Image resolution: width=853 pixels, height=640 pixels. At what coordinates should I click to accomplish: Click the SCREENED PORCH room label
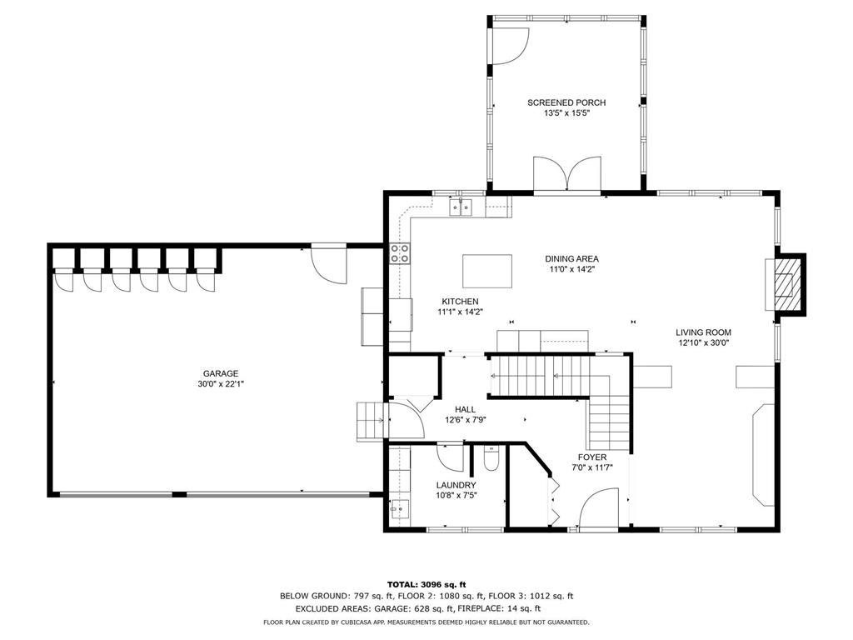pyautogui.click(x=566, y=102)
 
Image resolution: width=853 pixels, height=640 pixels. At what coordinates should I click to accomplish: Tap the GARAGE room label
pyautogui.click(x=221, y=373)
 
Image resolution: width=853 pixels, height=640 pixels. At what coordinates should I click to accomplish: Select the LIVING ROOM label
pyautogui.click(x=703, y=332)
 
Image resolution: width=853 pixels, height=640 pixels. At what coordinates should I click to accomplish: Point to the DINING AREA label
pyautogui.click(x=571, y=258)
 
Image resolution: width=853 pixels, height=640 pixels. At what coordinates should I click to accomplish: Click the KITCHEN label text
pyautogui.click(x=460, y=302)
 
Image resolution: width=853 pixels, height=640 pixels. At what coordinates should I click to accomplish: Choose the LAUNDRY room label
pyautogui.click(x=456, y=485)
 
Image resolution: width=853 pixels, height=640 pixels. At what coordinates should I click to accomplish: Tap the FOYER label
pyautogui.click(x=592, y=457)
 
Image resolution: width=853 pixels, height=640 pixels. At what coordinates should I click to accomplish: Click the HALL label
pyautogui.click(x=465, y=409)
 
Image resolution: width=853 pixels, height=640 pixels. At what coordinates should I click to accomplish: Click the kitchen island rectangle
pyautogui.click(x=487, y=271)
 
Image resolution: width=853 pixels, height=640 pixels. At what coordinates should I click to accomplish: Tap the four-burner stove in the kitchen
pyautogui.click(x=400, y=253)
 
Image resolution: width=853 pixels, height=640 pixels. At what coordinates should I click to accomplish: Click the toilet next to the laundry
pyautogui.click(x=491, y=459)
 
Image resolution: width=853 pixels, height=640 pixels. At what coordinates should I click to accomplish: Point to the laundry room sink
pyautogui.click(x=399, y=509)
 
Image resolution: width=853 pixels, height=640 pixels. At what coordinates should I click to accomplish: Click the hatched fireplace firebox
pyautogui.click(x=784, y=285)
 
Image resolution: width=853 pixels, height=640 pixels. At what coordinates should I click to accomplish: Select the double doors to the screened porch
pyautogui.click(x=567, y=174)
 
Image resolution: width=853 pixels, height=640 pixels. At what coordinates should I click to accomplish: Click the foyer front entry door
pyautogui.click(x=598, y=507)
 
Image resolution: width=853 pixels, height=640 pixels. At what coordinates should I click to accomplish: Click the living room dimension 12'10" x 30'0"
pyautogui.click(x=703, y=342)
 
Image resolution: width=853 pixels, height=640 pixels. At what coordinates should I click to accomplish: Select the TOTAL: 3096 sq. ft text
pyautogui.click(x=426, y=584)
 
